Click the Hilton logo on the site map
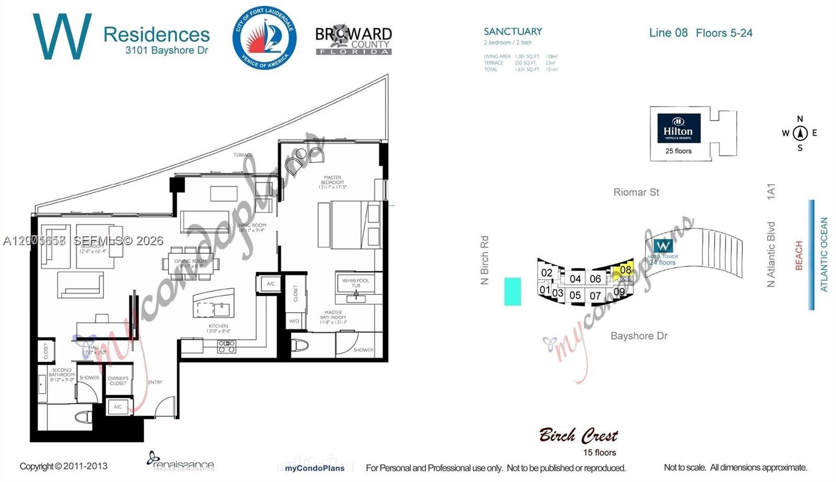click(678, 128)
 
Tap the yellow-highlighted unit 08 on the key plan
click(625, 270)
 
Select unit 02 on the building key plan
click(547, 272)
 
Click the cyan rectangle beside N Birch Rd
click(512, 291)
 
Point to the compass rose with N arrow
click(799, 133)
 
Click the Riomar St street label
click(636, 192)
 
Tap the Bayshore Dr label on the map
click(638, 336)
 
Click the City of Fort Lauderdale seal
click(264, 38)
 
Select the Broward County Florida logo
click(353, 40)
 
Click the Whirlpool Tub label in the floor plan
click(355, 283)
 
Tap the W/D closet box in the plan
click(294, 321)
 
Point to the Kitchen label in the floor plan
click(218, 328)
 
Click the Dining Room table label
click(190, 263)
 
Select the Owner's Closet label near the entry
click(118, 380)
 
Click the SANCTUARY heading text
click(513, 31)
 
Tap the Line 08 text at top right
click(668, 32)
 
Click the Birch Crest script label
click(578, 435)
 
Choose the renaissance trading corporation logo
click(181, 461)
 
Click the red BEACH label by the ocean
click(798, 255)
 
